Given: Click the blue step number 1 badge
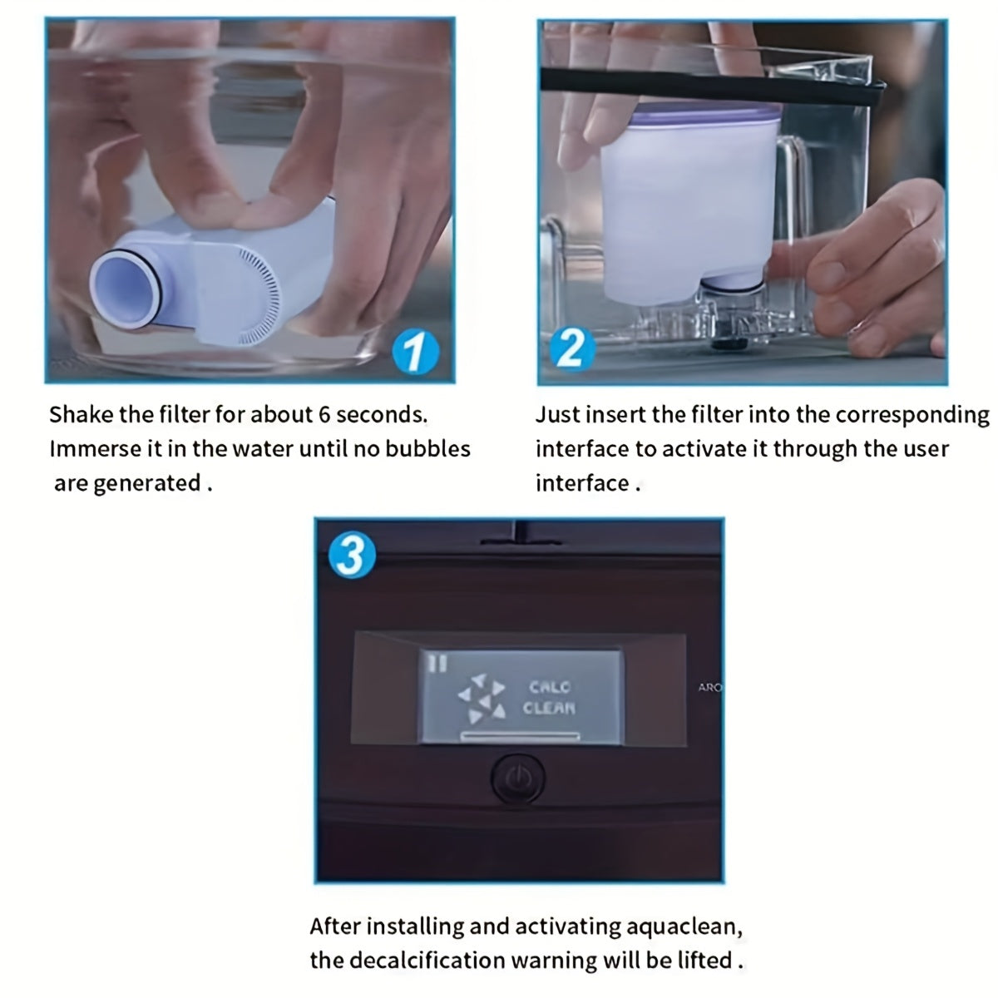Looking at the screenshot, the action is click(x=415, y=351).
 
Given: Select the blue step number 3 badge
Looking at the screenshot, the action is click(x=352, y=556).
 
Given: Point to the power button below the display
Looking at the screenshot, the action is click(x=517, y=778).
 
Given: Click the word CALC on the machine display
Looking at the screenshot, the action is click(x=550, y=687).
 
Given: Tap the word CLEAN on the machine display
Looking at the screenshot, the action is click(x=549, y=708).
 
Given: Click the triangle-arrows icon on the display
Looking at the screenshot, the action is click(x=482, y=698).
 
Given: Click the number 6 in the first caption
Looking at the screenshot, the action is click(x=324, y=415).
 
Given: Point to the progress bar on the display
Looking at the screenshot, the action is click(x=520, y=735).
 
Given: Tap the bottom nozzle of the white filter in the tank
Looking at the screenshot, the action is click(x=731, y=284).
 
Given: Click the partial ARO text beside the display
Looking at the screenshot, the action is click(x=709, y=687).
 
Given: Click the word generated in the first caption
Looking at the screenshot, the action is click(x=147, y=484).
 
